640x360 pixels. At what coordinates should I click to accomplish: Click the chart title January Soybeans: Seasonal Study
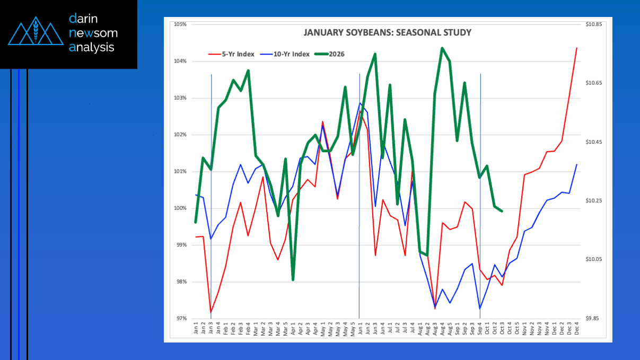pos(387,32)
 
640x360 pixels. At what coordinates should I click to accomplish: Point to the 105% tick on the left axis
pos(181,24)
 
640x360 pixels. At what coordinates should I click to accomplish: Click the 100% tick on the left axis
pos(181,208)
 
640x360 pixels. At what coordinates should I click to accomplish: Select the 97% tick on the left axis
pos(181,319)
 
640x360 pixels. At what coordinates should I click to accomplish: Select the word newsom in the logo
pos(93,33)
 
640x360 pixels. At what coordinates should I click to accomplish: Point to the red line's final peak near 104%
pos(576,48)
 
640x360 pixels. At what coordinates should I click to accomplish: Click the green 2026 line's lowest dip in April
pos(293,279)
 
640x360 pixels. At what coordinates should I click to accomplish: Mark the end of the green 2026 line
pos(502,211)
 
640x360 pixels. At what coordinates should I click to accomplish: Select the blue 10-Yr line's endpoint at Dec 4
pos(576,164)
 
